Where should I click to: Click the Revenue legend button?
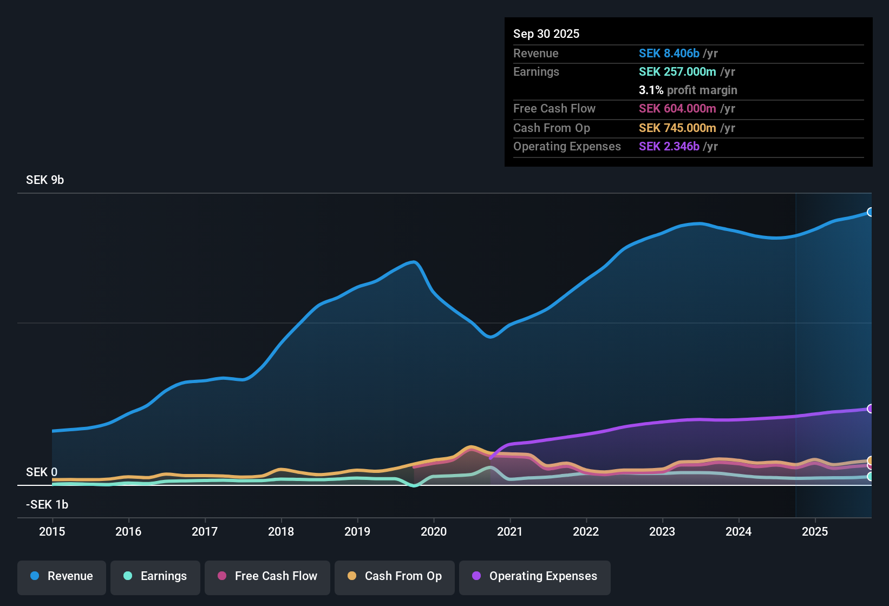(62, 576)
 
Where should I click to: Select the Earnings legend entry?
(155, 576)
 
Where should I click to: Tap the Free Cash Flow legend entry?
(267, 576)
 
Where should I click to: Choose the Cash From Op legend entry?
(395, 576)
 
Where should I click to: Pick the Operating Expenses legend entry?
(535, 576)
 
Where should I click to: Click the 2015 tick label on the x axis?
(52, 531)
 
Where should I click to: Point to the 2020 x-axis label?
(434, 531)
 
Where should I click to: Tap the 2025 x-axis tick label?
(815, 531)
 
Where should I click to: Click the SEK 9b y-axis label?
(45, 180)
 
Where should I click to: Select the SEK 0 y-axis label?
(42, 472)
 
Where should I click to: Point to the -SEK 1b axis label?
(47, 505)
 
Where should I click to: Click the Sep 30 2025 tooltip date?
(546, 34)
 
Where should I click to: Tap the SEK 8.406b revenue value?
(669, 54)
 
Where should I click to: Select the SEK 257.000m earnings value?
(677, 72)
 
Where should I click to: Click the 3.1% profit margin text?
(688, 90)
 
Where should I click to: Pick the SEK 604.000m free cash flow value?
(677, 109)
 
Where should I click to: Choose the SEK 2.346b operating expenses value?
(669, 147)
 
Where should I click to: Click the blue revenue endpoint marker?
(870, 212)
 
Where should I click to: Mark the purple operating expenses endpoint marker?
(870, 409)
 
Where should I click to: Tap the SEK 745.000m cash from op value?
(677, 128)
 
